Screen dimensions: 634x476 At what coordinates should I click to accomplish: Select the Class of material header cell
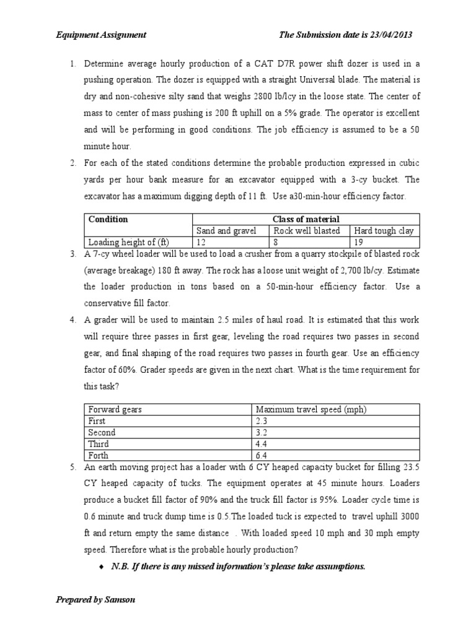307,219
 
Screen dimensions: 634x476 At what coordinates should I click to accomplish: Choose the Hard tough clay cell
384,231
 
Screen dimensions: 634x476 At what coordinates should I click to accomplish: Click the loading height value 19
359,242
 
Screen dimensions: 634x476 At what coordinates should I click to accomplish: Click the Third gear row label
99,444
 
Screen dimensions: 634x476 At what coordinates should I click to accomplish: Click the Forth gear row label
99,456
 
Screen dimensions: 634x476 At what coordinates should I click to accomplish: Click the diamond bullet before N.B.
100,566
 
